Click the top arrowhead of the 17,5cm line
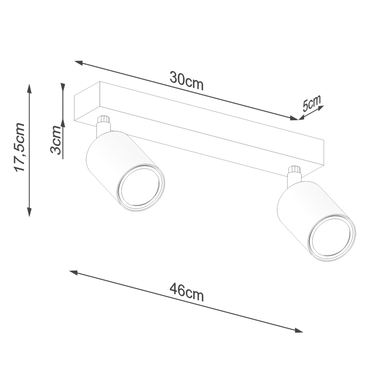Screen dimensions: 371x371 click(x=29, y=88)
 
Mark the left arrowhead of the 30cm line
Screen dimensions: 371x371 click(x=78, y=63)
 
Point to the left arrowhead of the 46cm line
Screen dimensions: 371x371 click(x=73, y=272)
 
